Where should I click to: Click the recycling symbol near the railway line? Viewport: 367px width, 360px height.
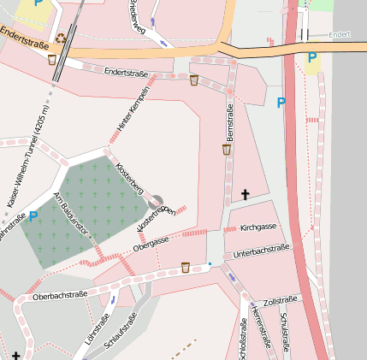tap(61, 38)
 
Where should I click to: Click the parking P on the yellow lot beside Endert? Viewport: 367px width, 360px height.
tap(312, 58)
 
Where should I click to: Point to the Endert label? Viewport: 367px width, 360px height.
tap(340, 35)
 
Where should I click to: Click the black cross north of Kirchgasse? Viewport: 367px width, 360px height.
tap(245, 195)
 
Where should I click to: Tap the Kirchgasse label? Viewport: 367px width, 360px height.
tap(257, 228)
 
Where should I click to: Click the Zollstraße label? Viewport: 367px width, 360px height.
tap(281, 300)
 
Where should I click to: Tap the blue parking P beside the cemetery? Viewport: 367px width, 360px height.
tap(33, 216)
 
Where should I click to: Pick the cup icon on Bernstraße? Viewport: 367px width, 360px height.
tap(227, 150)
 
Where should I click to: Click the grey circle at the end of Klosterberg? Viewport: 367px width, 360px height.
tap(155, 203)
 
